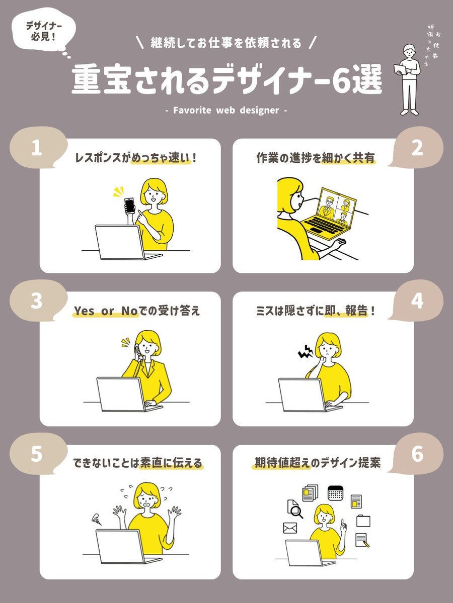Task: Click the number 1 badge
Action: click(36, 149)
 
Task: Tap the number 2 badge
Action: click(417, 149)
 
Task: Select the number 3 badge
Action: click(36, 301)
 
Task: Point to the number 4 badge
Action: click(417, 301)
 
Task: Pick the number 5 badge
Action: click(36, 454)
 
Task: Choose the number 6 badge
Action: click(417, 454)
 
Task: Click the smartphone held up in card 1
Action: click(129, 206)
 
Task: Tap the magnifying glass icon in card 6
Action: click(297, 512)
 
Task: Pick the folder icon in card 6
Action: click(363, 520)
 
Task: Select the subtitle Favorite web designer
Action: click(226, 110)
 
